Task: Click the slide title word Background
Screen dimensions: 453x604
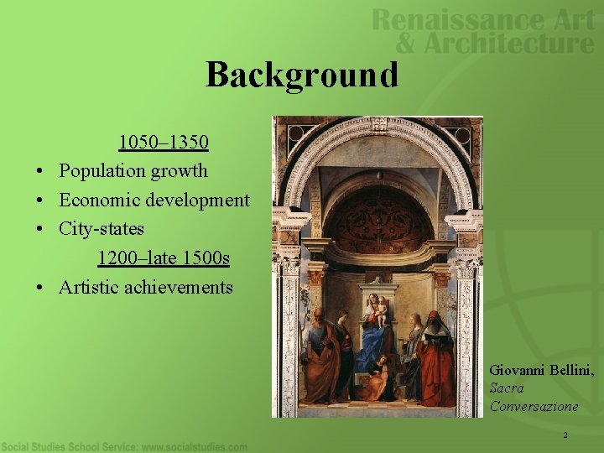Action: click(x=302, y=75)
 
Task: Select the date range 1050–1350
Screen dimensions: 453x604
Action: click(x=163, y=140)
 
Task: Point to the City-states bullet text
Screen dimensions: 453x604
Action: click(x=102, y=228)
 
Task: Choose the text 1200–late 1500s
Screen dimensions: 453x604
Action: click(x=163, y=258)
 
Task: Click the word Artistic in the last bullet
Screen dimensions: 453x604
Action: click(x=89, y=287)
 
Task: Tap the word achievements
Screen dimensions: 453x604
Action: click(x=179, y=287)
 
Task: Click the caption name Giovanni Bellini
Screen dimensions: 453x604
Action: click(x=541, y=369)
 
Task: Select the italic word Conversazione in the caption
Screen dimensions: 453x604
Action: click(x=534, y=406)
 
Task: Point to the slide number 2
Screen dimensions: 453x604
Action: click(x=565, y=435)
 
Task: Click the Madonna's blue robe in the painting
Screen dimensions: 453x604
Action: click(x=373, y=344)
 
